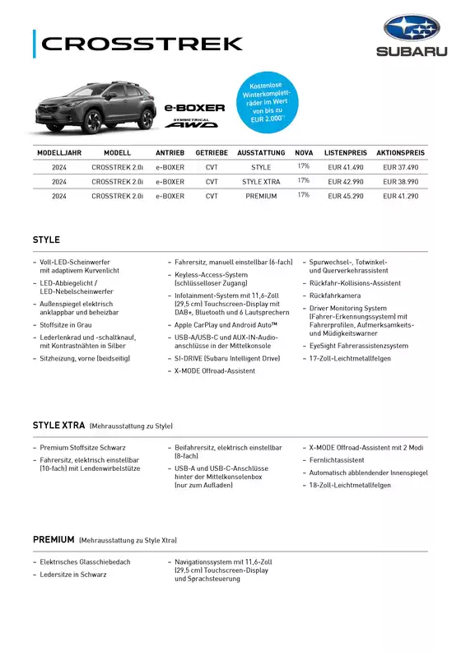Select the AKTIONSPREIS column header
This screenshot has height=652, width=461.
point(400,153)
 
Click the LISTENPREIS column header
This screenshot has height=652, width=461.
point(346,153)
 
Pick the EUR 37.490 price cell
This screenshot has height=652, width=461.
point(400,167)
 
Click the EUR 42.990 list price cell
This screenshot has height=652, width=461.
point(346,181)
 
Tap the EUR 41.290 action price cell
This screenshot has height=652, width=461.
point(400,197)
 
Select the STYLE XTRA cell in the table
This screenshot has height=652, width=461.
point(261,181)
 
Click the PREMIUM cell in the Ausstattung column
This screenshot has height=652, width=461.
point(261,197)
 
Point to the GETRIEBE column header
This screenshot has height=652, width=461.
point(212,153)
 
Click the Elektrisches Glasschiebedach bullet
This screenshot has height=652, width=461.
point(85,563)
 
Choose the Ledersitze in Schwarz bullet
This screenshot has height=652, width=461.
point(73,575)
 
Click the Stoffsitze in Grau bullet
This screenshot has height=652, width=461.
point(66,326)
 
